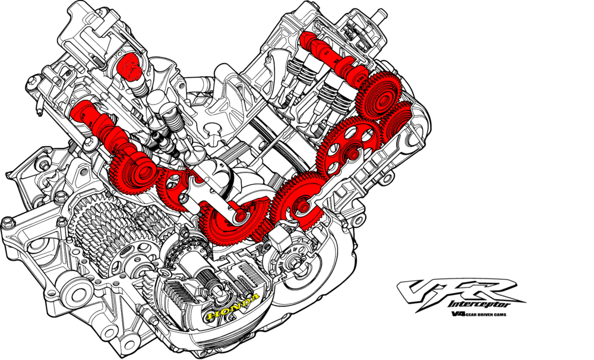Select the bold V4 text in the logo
pos(458,314)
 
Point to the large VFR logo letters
pos(459,292)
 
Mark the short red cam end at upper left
pos(129,67)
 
